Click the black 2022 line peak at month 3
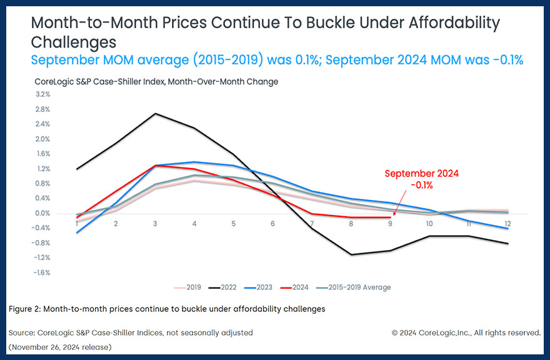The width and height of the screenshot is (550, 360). [x=155, y=113]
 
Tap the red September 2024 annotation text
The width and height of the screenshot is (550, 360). [x=422, y=179]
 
